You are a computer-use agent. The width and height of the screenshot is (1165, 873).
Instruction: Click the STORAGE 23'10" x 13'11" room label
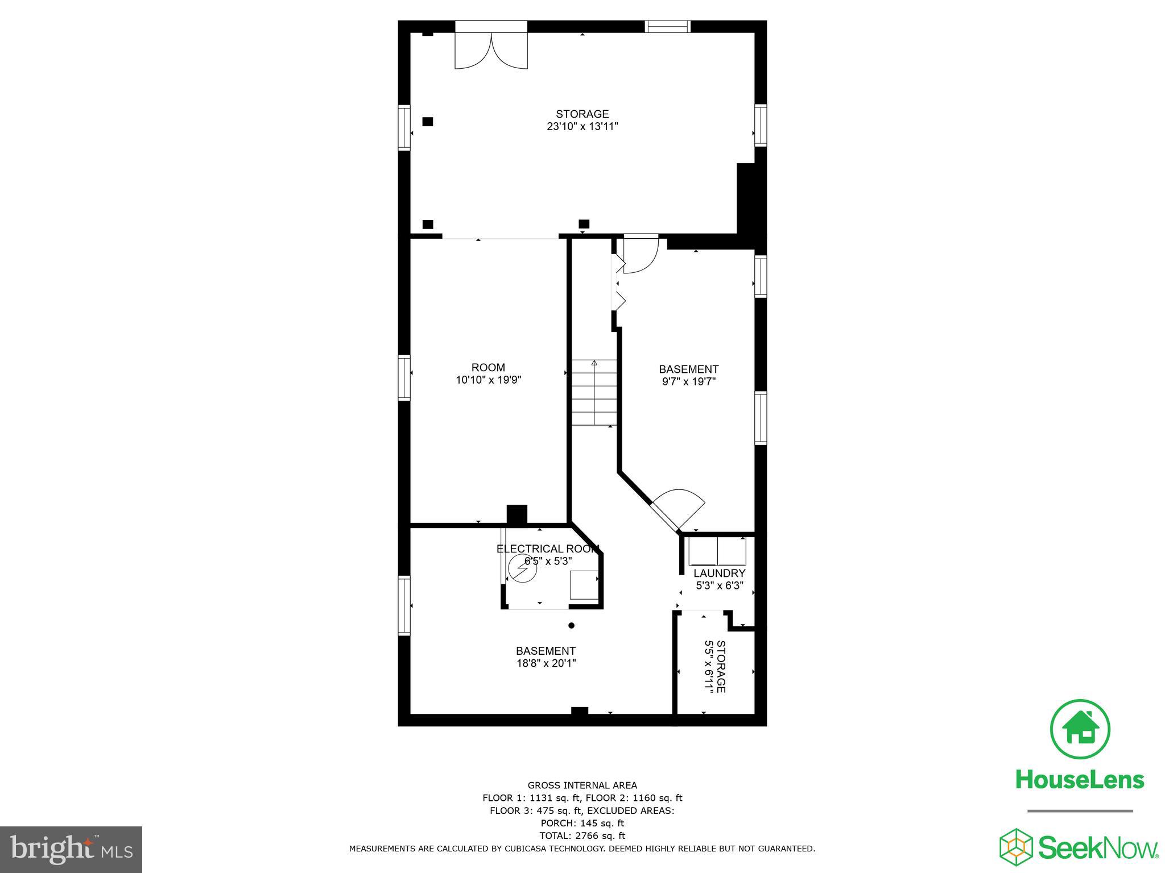(x=582, y=120)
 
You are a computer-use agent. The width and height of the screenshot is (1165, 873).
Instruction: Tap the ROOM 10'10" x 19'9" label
(x=488, y=373)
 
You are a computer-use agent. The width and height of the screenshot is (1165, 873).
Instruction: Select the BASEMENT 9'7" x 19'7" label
(x=688, y=375)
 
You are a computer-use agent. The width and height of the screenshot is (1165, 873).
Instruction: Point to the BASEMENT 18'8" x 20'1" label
(x=546, y=656)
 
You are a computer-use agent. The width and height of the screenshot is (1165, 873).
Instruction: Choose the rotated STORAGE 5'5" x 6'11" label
(x=715, y=666)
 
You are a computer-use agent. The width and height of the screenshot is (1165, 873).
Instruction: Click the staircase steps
(x=594, y=392)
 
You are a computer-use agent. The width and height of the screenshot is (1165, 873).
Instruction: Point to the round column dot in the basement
(x=572, y=625)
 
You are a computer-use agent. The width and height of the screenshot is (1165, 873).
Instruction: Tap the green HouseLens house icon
(x=1080, y=729)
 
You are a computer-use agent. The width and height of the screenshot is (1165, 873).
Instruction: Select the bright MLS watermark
(x=71, y=850)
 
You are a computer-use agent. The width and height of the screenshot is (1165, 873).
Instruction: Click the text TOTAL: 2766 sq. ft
(x=582, y=835)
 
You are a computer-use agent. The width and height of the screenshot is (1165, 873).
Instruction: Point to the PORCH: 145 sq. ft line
(x=582, y=823)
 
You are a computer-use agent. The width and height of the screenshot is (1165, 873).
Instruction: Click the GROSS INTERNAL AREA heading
(x=582, y=785)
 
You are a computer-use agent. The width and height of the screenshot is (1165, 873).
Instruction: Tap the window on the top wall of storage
(x=667, y=26)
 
